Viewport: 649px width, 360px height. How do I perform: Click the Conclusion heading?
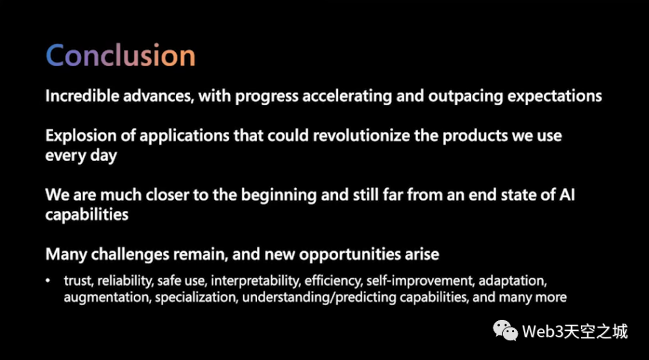[x=121, y=55]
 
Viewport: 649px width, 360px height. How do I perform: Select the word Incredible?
[x=82, y=96]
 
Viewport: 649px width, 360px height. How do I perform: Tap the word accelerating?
[x=347, y=97]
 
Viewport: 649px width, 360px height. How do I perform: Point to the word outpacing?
[x=465, y=97]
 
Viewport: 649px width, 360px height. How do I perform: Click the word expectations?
[x=555, y=97]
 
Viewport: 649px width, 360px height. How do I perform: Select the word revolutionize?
[x=361, y=136]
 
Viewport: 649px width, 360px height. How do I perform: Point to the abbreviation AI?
[x=567, y=195]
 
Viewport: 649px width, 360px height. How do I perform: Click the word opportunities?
[x=350, y=255]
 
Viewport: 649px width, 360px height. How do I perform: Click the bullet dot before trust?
[x=48, y=281]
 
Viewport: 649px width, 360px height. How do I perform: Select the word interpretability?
[x=255, y=281]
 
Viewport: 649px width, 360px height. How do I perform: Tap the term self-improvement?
[x=420, y=281]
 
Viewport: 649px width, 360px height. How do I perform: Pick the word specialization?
[x=196, y=298]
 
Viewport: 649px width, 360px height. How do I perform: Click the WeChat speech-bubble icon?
[x=505, y=331]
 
